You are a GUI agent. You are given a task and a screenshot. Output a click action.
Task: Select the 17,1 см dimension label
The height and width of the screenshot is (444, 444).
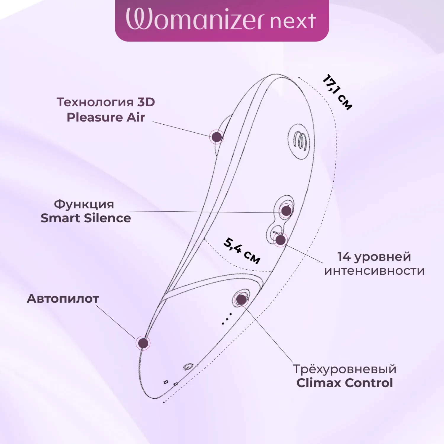tap(337, 92)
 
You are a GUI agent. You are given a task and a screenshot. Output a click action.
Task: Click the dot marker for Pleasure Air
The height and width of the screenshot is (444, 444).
tap(217, 137)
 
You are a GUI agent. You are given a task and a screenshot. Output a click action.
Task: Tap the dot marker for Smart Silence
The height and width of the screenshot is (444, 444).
tap(286, 211)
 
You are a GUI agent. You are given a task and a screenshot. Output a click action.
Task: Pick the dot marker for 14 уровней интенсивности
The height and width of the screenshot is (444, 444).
tap(281, 240)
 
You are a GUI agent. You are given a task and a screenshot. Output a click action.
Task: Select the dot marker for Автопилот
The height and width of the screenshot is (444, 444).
tap(143, 343)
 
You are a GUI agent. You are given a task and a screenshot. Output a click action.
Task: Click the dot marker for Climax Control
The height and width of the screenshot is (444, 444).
tap(241, 300)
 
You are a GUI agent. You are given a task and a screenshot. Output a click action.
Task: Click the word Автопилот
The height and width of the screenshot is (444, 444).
tap(63, 299)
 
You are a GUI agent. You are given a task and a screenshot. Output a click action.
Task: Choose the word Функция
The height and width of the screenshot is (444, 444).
tap(84, 204)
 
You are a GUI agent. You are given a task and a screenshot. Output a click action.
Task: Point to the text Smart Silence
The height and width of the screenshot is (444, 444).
tap(86, 218)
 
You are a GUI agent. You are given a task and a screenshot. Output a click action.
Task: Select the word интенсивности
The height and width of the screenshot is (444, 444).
tap(374, 271)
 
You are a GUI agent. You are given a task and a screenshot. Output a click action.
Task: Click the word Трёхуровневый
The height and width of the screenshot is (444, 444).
tap(345, 369)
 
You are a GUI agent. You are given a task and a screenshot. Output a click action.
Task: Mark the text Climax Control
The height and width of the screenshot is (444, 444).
tap(345, 383)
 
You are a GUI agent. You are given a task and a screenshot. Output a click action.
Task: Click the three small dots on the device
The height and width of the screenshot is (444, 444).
tap(227, 319)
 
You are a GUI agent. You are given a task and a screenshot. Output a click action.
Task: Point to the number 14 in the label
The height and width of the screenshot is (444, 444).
tap(344, 257)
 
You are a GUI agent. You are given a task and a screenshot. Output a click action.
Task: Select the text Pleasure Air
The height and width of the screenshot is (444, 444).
tap(106, 117)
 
